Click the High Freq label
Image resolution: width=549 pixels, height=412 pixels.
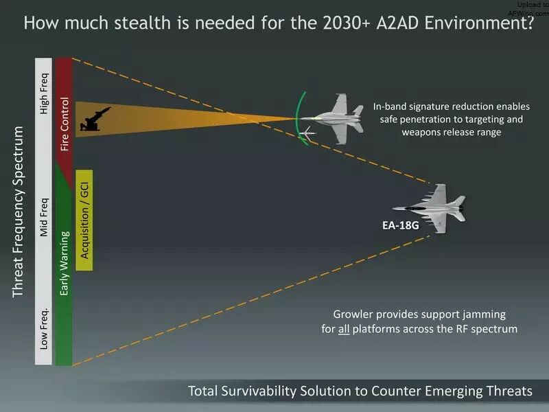44,93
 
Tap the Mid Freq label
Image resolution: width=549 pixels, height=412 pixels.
44,218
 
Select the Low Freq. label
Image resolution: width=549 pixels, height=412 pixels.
44,329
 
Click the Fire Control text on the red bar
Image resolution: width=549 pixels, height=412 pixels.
65,124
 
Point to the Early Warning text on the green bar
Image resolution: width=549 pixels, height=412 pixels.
65,263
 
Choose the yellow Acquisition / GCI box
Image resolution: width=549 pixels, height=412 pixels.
84,220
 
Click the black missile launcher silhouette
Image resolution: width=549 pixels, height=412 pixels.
95,119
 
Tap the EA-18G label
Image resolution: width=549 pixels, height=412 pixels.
401,225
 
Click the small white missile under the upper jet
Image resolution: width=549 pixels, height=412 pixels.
308,133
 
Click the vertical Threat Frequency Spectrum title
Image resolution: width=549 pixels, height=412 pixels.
18,212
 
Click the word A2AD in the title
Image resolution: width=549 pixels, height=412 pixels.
397,23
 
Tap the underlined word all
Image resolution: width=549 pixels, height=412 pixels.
344,330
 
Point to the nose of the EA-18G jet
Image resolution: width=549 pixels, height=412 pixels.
393,209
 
